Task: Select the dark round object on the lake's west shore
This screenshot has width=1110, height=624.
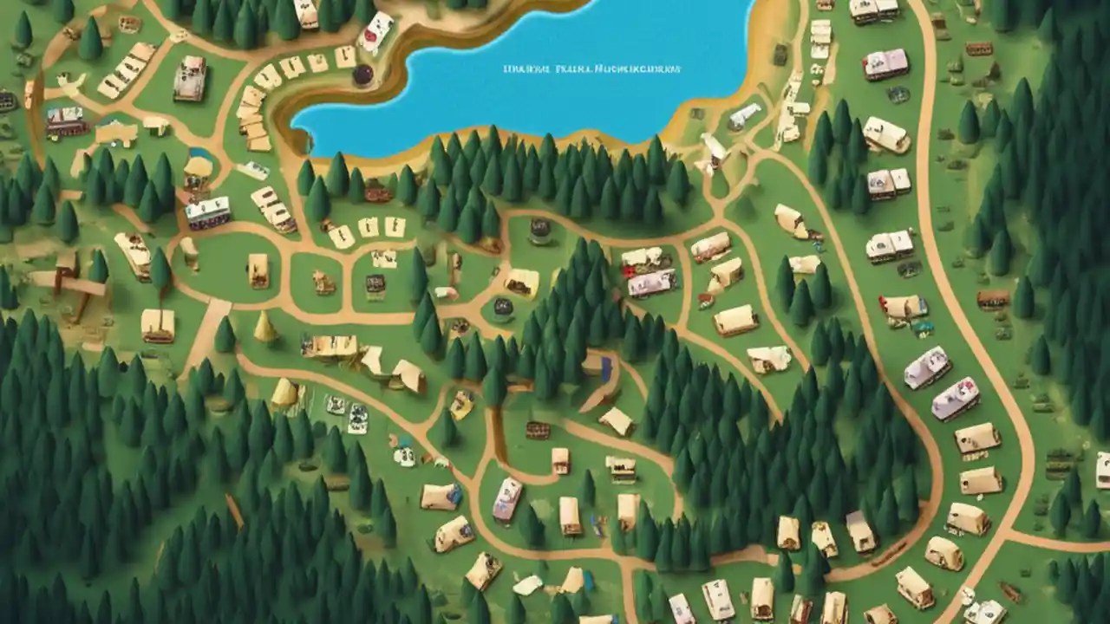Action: click(x=362, y=75)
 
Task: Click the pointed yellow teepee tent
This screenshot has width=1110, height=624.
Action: click(x=264, y=327)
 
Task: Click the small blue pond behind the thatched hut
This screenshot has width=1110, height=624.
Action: click(x=199, y=154)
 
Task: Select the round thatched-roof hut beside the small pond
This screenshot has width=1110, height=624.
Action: click(x=199, y=167)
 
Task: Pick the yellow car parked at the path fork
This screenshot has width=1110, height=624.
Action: click(x=461, y=403)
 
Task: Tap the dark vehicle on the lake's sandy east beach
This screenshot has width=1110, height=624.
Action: click(x=780, y=54)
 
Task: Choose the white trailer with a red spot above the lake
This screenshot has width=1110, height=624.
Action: click(x=375, y=31)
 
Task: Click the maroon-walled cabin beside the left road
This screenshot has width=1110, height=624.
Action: click(x=67, y=122)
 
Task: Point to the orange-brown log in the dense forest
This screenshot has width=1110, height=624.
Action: click(x=234, y=510)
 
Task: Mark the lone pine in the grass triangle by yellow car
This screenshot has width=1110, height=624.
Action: click(x=447, y=428)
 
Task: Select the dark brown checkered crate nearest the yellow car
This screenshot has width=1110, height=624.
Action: click(x=538, y=430)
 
